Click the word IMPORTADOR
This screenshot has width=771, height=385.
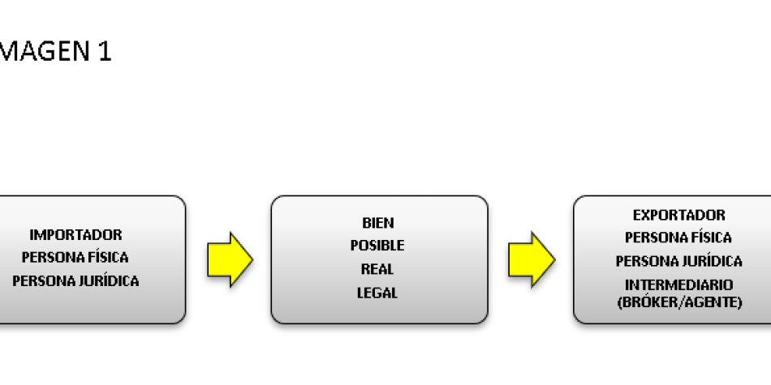tap(75, 235)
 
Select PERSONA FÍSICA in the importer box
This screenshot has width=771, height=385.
tap(75, 258)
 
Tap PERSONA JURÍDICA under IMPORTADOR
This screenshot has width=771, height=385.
tap(75, 281)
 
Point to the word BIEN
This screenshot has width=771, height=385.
tap(378, 223)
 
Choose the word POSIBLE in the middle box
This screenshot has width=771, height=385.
tap(377, 246)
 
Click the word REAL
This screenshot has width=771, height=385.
tap(377, 269)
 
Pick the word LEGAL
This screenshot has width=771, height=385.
tap(377, 293)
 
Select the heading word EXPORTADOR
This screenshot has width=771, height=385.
tap(678, 216)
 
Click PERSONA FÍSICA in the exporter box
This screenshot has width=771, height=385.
tap(678, 238)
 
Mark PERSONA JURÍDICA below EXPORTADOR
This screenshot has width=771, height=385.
tap(678, 261)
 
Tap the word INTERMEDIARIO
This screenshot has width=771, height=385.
tap(678, 285)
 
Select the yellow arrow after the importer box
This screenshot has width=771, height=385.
tap(230, 259)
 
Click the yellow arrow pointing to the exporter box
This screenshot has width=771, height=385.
tap(532, 259)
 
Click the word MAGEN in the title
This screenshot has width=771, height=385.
tap(41, 52)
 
